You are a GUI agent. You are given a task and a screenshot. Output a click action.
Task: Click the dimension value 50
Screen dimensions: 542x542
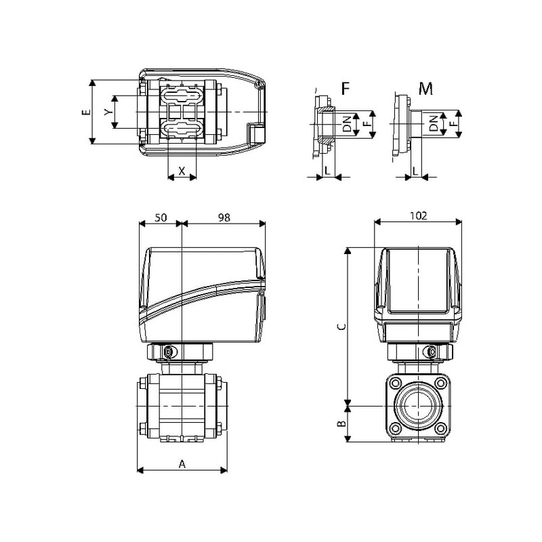click(161, 217)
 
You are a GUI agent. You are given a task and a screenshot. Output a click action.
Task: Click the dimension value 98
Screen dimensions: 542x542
click(224, 217)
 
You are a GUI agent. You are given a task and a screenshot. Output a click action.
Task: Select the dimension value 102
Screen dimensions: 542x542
click(418, 215)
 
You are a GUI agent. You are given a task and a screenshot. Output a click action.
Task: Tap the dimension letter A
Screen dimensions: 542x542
click(182, 464)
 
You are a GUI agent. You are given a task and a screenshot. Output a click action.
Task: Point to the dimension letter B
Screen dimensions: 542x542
click(341, 423)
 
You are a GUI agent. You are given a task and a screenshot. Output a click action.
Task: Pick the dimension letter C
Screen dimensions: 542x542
click(341, 327)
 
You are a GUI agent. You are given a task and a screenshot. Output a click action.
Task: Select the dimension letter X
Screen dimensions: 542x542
click(182, 171)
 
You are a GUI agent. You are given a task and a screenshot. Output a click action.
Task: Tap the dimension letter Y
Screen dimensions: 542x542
click(108, 112)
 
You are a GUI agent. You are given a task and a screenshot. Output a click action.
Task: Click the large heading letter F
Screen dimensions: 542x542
click(346, 89)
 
